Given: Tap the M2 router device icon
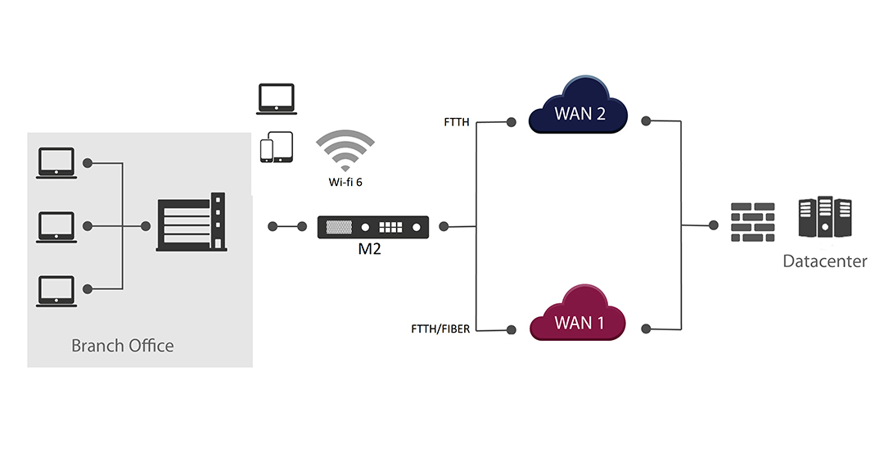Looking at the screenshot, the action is pos(372,227).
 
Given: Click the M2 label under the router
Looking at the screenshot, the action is pos(369,249).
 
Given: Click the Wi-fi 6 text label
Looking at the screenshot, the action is pos(345,182).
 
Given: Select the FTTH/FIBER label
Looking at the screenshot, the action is pos(440,329).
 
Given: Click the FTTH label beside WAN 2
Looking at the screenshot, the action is pos(457,122).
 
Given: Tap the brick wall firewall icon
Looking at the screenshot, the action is pos(753,222).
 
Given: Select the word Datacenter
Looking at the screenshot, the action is pos(825,261).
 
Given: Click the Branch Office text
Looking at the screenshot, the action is pos(122,345).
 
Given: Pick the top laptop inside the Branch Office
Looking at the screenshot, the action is pos(56,164).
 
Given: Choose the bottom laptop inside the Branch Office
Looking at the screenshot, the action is pos(56,291).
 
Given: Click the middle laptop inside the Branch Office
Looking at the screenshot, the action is pos(56,227).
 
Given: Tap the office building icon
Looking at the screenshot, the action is pos(192,222).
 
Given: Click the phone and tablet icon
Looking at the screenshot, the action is pos(277,147).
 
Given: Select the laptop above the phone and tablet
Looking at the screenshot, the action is pos(277,99).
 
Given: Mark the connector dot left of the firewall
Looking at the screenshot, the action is pos(714,225).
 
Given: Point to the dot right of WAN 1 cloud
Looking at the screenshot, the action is pos(647,329).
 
